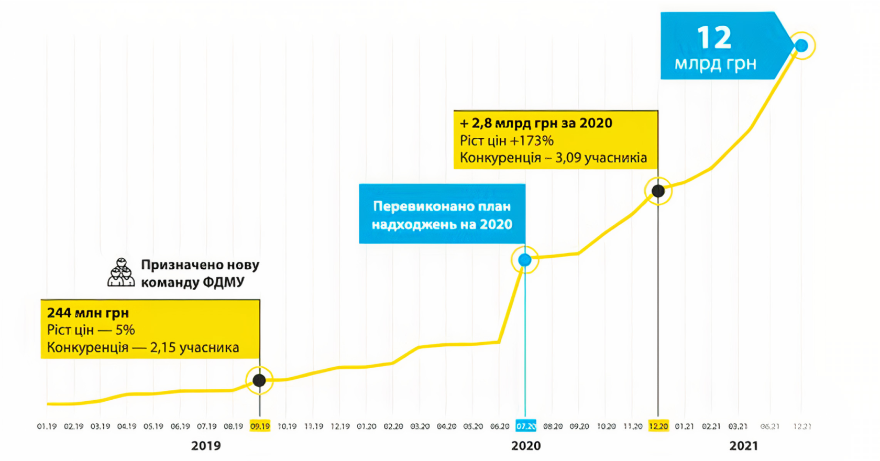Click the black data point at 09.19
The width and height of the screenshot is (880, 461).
coord(259,380)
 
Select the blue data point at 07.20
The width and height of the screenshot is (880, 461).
coord(525,260)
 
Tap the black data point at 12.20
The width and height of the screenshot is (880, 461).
coord(658,191)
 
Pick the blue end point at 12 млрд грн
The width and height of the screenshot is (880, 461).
coord(801,46)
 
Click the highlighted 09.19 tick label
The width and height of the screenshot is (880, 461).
coord(260,426)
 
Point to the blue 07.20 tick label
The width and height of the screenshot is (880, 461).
coord(525,426)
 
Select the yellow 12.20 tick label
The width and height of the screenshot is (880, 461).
coord(658,426)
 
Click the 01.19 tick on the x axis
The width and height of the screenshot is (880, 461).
coord(47,426)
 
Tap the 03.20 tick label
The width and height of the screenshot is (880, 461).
coord(420,426)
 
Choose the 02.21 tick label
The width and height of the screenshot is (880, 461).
coord(711,426)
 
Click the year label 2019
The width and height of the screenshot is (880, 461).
coord(206,446)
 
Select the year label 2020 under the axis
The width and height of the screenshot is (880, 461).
coord(526,446)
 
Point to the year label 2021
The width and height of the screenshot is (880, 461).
coord(743,446)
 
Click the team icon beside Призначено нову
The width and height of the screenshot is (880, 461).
coord(121,272)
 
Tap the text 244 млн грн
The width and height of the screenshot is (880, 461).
coord(88,313)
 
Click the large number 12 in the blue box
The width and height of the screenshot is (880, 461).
coord(714,38)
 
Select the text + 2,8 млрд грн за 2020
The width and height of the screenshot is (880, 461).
coord(536,123)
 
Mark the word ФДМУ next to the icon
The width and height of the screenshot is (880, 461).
coord(223,282)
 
